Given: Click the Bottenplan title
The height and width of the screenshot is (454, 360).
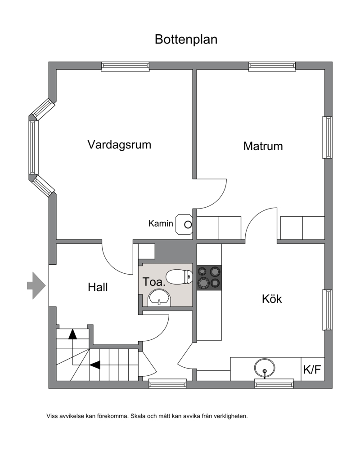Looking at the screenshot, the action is point(186,40).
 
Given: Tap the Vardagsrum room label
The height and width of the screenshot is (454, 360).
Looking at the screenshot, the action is point(119,144).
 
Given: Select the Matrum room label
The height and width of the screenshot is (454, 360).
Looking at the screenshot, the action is point(263,146).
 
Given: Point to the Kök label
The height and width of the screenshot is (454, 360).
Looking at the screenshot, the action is point(272,299).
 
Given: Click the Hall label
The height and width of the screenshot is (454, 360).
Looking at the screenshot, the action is point(98,287).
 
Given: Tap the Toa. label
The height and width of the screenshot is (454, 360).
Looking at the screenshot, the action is point(154,282).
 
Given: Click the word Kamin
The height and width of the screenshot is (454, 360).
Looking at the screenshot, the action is point(161,223).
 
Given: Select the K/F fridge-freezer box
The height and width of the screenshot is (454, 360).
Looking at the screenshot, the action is point(312,369).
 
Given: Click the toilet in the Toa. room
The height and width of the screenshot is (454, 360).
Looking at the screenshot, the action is point(180,277).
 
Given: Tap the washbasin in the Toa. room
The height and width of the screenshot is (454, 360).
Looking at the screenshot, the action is point(159,298).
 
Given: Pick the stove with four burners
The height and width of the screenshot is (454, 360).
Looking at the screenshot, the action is point(209,278).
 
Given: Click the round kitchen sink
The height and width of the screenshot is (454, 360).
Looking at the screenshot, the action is point(264,368).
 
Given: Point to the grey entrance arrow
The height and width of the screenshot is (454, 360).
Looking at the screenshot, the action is point(36,285).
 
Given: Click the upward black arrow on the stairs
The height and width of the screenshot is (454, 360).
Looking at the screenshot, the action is point(72,334).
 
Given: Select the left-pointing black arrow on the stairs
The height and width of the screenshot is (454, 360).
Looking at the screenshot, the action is point(95,365).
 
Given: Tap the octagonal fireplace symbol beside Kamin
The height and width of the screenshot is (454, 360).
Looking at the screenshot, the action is point(184,224).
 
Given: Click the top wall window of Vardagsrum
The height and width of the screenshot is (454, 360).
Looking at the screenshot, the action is point(125,67).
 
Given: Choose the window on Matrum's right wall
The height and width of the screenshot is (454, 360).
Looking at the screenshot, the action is point(328,137).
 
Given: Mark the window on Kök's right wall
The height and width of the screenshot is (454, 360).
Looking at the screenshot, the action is point(328,310).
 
